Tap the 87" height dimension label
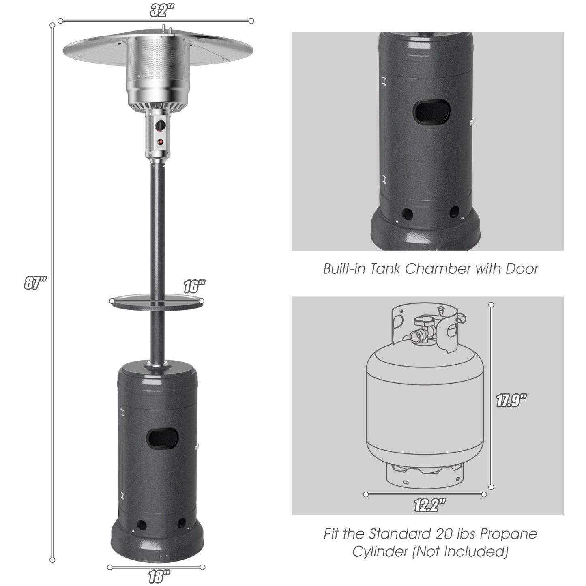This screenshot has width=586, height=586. (x=35, y=283)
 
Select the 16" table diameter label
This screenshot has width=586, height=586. (x=194, y=287)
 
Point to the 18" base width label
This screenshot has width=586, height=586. (x=156, y=576)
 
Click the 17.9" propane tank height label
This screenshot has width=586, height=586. (x=511, y=401)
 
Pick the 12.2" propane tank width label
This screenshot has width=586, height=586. (x=429, y=505)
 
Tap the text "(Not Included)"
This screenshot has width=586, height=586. (x=460, y=552)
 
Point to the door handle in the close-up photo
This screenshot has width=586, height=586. (x=472, y=121)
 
